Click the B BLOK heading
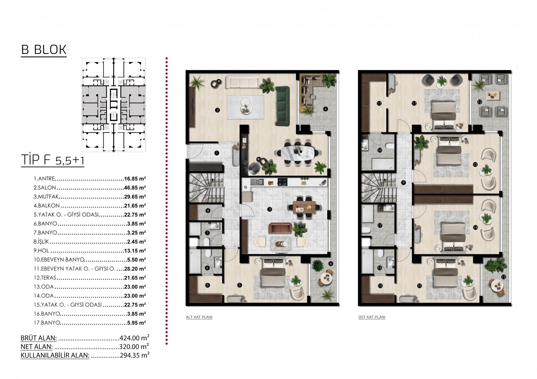point(44,50)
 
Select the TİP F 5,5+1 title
point(53,160)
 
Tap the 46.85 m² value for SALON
point(135,188)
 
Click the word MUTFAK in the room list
point(48,197)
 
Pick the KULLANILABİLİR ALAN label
point(55,355)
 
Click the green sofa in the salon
point(283,106)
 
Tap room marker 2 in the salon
point(217,110)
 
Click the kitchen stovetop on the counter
point(283,182)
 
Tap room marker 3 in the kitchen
point(270,209)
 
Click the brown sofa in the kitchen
point(280,228)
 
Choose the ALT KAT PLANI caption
point(199,317)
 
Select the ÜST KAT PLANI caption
point(372,317)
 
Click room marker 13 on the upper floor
point(475,165)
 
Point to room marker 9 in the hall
point(403,182)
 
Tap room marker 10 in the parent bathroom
point(380,150)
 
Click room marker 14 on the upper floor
point(475,228)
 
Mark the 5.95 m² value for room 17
point(136,323)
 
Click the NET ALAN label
point(37,346)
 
